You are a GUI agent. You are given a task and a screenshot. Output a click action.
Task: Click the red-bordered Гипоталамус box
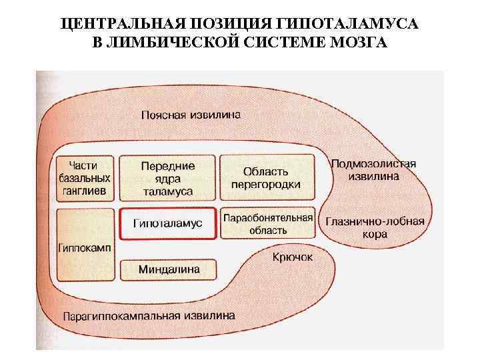click(x=167, y=224)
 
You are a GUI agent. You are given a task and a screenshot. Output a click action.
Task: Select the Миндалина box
click(x=169, y=269)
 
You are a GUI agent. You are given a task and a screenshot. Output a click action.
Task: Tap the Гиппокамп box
click(x=84, y=245)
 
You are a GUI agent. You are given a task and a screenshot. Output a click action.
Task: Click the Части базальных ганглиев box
click(x=84, y=177)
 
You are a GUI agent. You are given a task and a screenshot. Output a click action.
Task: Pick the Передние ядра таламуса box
click(x=167, y=177)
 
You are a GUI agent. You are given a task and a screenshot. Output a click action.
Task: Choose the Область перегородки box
click(x=267, y=177)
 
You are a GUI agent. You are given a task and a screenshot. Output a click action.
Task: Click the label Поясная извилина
click(x=191, y=114)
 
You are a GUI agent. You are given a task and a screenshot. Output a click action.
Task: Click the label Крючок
click(x=292, y=257)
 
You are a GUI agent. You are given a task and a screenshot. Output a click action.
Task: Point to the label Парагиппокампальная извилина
click(x=149, y=315)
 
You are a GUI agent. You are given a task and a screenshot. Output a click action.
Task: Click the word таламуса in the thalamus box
click(x=167, y=191)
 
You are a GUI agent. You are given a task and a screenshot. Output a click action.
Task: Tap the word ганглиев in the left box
click(x=84, y=191)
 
